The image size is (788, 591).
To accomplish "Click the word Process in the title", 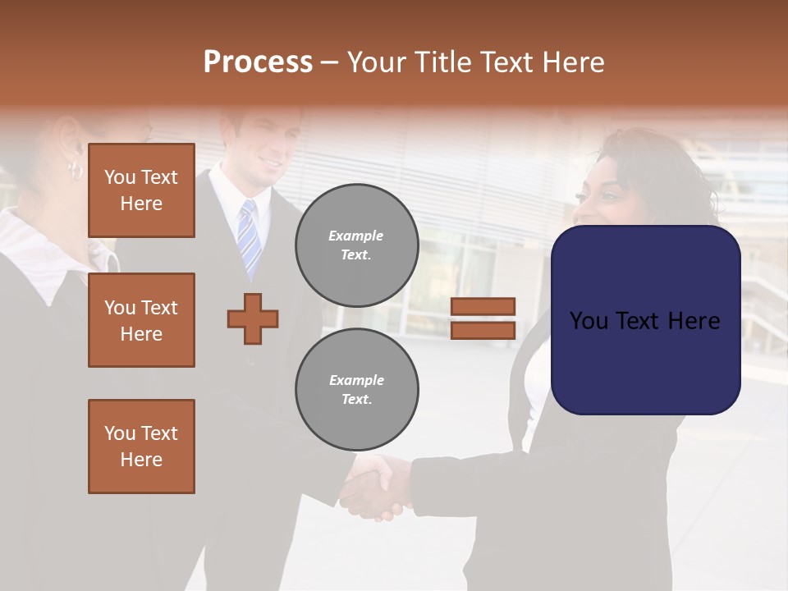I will click(x=258, y=62).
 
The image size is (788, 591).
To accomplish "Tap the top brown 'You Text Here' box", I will click(x=141, y=190).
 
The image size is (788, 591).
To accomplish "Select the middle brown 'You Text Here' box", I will click(x=141, y=320).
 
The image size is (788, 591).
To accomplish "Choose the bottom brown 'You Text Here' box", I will click(x=141, y=447).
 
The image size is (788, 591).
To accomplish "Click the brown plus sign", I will click(x=253, y=318).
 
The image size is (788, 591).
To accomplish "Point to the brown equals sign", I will click(x=483, y=318).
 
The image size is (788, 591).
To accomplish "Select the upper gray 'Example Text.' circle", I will click(x=356, y=245).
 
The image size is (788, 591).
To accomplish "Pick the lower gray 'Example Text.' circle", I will click(x=356, y=389).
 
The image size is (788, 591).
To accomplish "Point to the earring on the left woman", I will click(x=75, y=171).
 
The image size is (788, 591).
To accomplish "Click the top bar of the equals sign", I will click(x=483, y=307).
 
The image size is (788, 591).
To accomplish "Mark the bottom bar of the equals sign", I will click(x=483, y=330).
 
